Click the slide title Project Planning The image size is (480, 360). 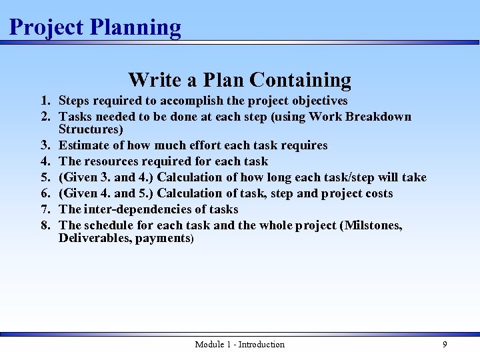pos(95,27)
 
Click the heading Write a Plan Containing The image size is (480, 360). pos(239,79)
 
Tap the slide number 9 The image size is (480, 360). pos(445,344)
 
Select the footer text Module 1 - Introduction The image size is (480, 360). pos(239,344)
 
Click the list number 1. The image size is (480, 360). pos(45,101)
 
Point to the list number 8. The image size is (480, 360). pos(45,225)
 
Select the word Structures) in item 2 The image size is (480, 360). pos(91,129)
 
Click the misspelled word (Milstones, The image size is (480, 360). pos(371,225)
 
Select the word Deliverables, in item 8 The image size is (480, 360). pos(95,238)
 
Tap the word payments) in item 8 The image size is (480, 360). pos(165,238)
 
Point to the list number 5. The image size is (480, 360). pos(45,177)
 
